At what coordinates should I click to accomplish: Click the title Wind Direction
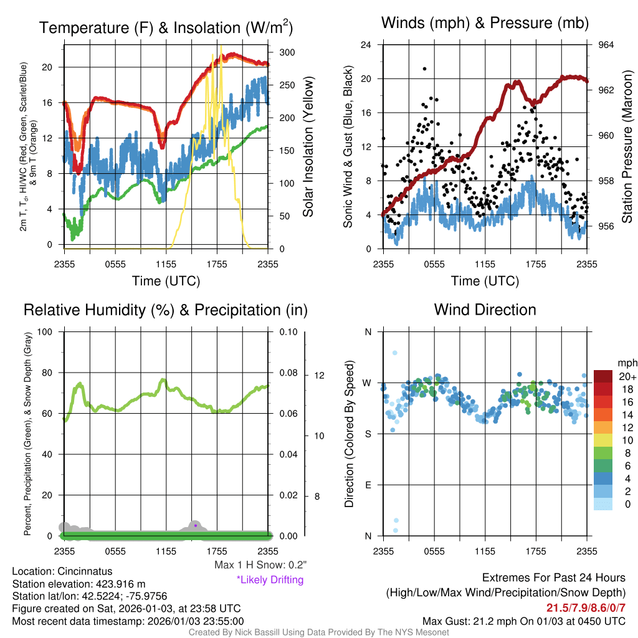coord(485,310)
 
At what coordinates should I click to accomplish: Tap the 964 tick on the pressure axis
coord(606,45)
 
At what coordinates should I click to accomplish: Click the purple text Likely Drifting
coord(270,579)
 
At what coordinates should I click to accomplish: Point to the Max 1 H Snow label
coord(260,565)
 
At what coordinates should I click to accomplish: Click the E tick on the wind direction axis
coord(368,485)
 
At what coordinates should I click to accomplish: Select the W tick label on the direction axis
coord(368,383)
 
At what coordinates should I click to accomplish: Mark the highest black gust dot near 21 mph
coord(424,69)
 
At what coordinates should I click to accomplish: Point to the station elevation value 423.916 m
coord(121,584)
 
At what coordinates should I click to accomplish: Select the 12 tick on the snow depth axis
coord(320,375)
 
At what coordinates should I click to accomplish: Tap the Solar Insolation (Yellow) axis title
coord(308,146)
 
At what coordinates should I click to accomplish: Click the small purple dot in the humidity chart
coord(196,525)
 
